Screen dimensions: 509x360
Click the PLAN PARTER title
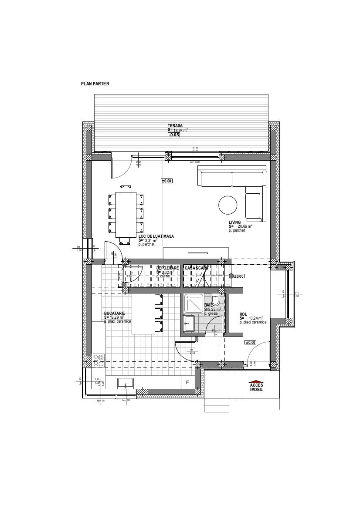coord(95,84)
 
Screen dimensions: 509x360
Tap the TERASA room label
coord(175,125)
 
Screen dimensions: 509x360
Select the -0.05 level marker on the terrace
coord(174,135)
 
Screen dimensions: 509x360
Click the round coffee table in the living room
coord(228,205)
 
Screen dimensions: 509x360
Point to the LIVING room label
coord(235,222)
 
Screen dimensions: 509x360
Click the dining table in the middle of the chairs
coord(126,214)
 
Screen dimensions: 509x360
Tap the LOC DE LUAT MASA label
coord(156,236)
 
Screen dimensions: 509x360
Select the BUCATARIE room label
coord(115,313)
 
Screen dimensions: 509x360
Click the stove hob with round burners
coord(98,360)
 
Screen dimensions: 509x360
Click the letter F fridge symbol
coord(187,383)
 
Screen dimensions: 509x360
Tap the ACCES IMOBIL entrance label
coord(256,387)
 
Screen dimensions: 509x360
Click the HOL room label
coord(243,314)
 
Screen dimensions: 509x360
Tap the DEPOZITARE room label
coord(168,268)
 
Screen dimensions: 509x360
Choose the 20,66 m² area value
coord(245,226)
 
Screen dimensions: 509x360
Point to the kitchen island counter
coord(143,313)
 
